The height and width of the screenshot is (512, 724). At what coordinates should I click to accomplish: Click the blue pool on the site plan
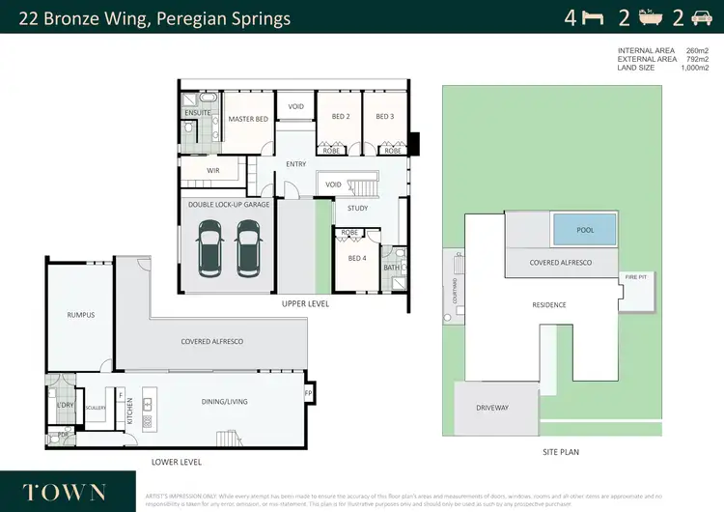click(x=585, y=230)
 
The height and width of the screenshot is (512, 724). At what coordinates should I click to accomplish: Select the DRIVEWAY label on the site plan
click(x=491, y=408)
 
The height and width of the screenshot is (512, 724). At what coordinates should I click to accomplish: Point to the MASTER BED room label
click(x=247, y=119)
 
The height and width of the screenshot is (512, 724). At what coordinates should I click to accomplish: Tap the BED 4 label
click(x=357, y=258)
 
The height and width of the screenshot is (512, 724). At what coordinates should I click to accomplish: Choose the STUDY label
click(x=358, y=208)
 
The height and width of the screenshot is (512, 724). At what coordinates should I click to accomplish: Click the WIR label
click(x=213, y=170)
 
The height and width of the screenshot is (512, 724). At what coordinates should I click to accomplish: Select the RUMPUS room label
click(x=80, y=315)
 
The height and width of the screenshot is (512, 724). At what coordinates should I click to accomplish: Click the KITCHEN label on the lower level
click(x=130, y=410)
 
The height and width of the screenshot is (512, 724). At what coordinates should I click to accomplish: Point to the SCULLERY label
click(x=95, y=409)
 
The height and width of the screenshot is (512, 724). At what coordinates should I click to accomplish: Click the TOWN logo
click(x=66, y=491)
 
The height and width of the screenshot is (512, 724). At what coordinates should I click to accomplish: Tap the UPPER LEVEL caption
click(x=306, y=303)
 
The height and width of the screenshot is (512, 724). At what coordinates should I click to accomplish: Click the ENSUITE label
click(x=198, y=112)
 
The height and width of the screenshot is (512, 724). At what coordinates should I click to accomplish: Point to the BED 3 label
click(x=384, y=117)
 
